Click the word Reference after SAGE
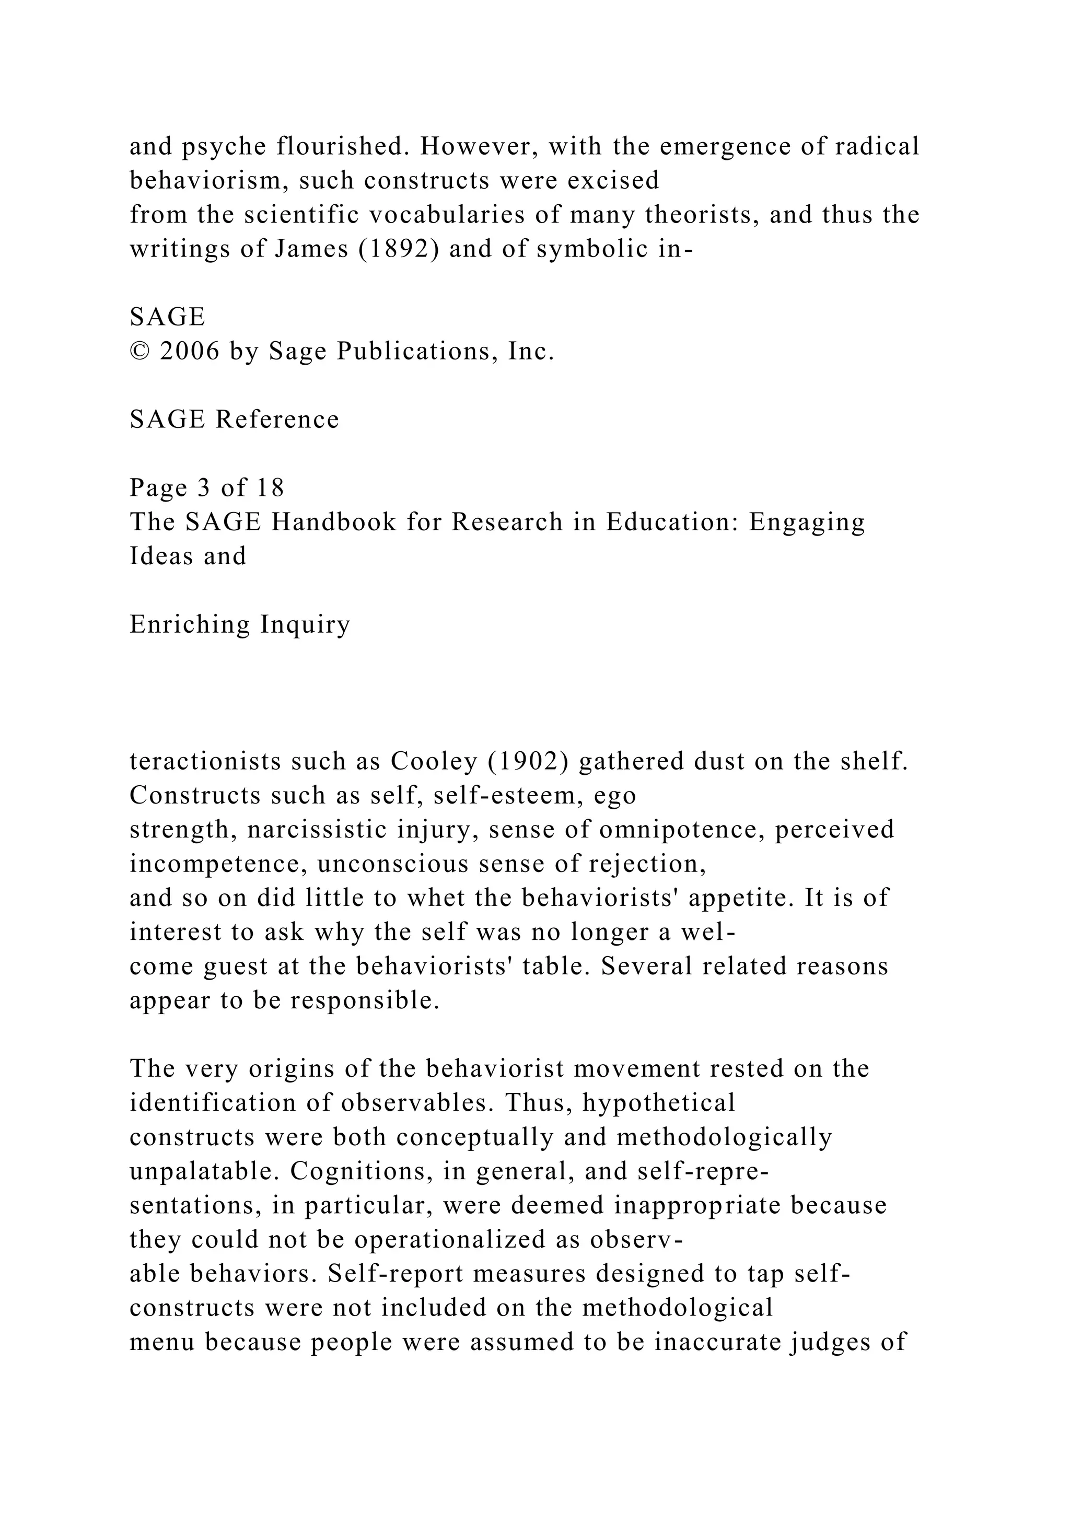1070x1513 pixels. (x=277, y=420)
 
